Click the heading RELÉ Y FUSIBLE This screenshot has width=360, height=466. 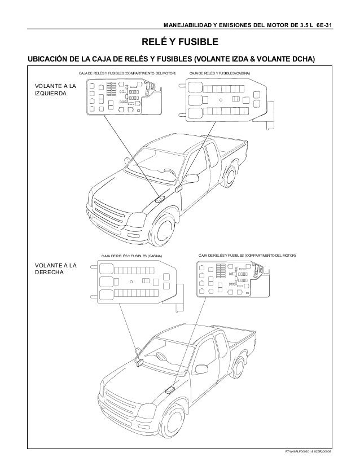coord(179,43)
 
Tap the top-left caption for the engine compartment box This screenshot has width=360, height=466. coord(127,74)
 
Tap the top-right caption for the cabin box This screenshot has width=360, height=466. coord(219,74)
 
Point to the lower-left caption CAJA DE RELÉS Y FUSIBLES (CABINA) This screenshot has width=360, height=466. coord(131,257)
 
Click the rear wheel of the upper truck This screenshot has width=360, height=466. coord(230,176)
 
